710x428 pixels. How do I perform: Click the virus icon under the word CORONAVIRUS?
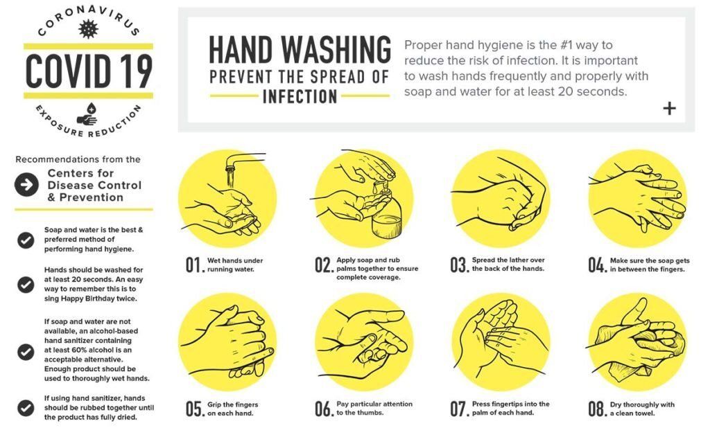(x=88, y=29)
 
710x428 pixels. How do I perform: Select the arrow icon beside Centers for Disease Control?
(x=26, y=185)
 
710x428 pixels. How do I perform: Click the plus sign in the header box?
(x=669, y=108)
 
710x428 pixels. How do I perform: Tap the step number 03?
(x=459, y=265)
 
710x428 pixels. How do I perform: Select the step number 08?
(x=598, y=409)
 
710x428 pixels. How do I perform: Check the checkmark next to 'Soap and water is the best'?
(x=26, y=240)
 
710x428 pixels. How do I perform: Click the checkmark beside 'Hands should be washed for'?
(x=26, y=285)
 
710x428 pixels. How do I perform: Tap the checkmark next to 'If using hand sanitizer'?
(x=26, y=408)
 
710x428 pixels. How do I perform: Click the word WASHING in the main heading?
(x=336, y=49)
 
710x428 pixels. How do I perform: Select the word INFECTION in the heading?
(x=300, y=96)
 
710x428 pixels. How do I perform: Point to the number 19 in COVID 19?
(x=135, y=71)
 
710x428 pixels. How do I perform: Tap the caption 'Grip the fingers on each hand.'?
(x=233, y=409)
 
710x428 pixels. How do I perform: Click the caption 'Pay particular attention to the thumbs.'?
(x=374, y=408)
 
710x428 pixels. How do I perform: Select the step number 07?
(x=459, y=409)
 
